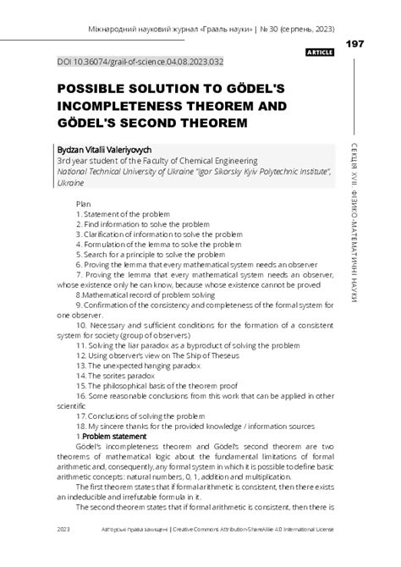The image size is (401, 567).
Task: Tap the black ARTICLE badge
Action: (319, 52)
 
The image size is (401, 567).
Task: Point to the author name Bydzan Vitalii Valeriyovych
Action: (104, 150)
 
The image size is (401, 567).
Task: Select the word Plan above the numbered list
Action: (84, 204)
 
